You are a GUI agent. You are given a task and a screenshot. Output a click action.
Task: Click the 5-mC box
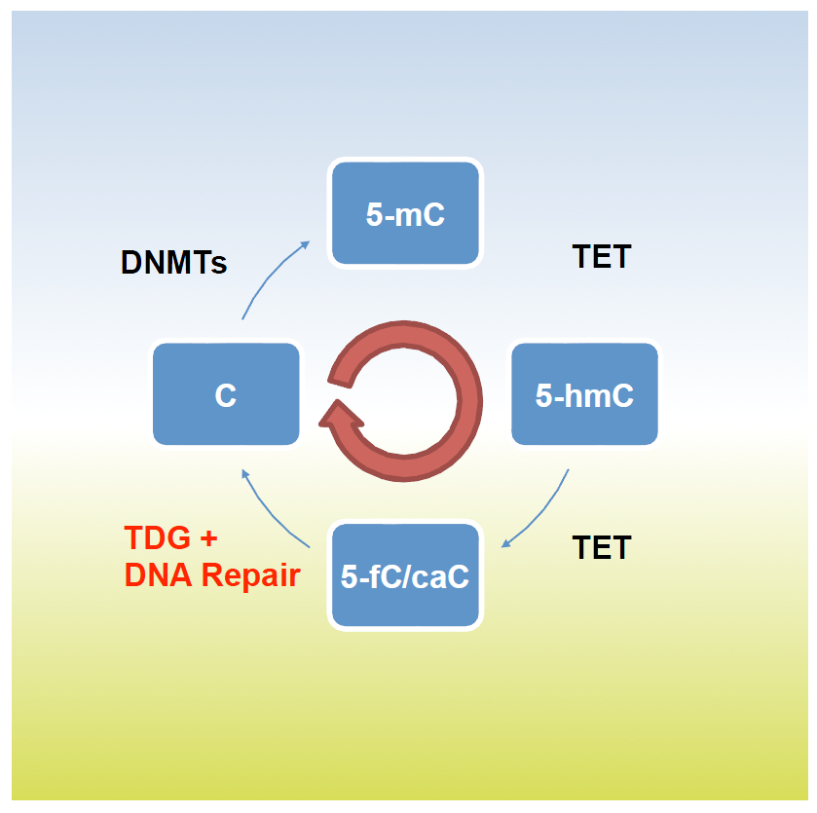[x=406, y=213]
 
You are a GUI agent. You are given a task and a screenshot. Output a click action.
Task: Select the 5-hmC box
[x=584, y=394]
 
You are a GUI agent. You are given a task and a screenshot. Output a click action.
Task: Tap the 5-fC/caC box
[x=406, y=575]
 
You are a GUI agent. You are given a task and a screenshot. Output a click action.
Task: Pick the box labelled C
[x=226, y=394]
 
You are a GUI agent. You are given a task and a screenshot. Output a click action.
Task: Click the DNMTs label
[x=173, y=262]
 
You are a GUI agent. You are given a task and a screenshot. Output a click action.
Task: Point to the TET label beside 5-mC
[x=601, y=256]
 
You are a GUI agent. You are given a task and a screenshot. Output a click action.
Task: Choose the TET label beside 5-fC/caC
[x=601, y=547]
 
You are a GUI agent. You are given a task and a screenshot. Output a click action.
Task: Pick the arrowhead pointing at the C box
[x=246, y=474]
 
